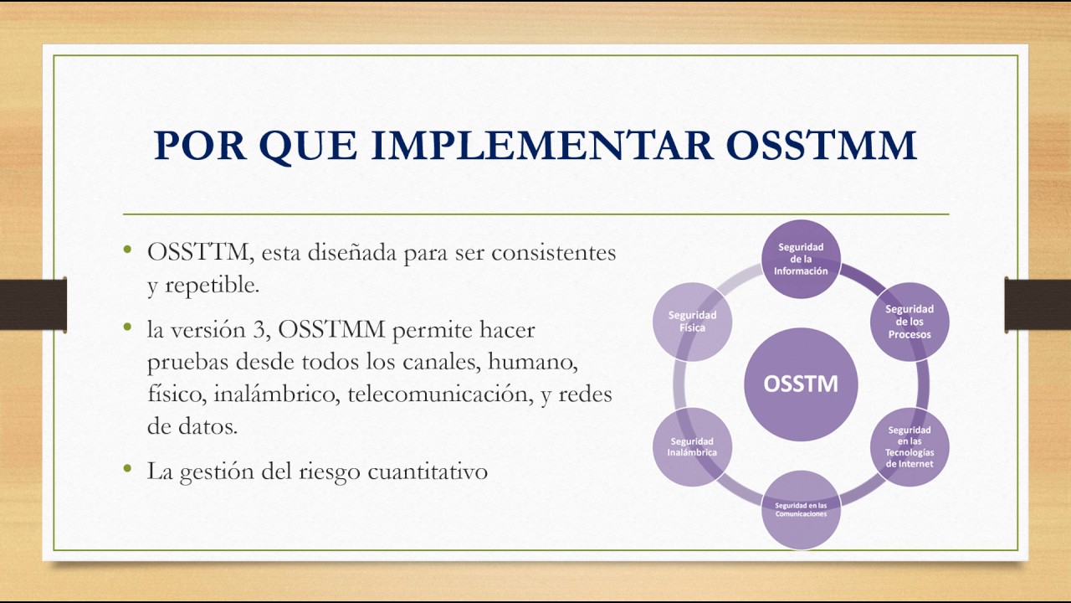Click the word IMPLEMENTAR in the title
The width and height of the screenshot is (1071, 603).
coord(542,144)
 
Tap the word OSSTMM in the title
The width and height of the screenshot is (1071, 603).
coord(821,144)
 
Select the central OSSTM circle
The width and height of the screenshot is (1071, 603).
coord(800,384)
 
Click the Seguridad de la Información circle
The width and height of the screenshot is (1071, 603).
coord(801,259)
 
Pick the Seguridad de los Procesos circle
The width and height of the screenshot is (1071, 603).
coord(909,322)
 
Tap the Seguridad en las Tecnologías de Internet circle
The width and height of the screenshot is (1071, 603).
coord(909,447)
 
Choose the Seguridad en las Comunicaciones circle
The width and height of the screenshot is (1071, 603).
coord(801,509)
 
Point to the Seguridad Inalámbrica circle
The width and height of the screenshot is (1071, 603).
coord(692,447)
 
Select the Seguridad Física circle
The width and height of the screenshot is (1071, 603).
coord(692,322)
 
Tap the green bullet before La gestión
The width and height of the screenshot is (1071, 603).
coord(127,469)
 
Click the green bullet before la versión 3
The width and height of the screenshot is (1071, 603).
coord(127,327)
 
